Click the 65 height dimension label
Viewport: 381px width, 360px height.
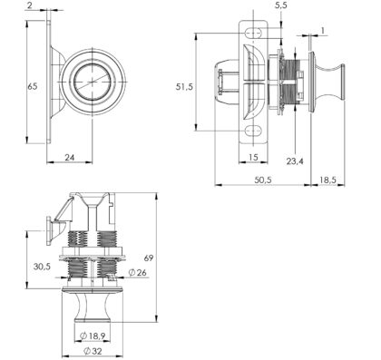click(33, 86)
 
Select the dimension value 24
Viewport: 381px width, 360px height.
click(70, 157)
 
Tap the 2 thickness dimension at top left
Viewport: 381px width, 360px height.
click(29, 5)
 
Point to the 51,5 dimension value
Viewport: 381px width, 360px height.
click(184, 87)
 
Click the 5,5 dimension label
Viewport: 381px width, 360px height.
click(281, 5)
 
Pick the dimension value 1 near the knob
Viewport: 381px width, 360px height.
click(323, 30)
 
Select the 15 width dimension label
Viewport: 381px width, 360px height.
click(253, 157)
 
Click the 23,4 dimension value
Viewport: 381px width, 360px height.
click(295, 161)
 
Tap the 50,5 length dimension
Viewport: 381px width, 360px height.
click(263, 180)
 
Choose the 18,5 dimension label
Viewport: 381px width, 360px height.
click(328, 180)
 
